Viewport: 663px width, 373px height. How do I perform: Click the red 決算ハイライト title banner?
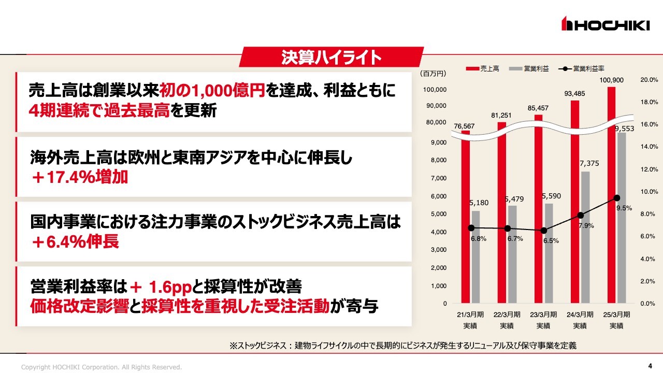click(x=331, y=57)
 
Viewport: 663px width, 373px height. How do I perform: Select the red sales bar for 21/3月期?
click(x=466, y=218)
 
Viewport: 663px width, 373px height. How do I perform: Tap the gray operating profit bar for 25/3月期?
click(x=622, y=218)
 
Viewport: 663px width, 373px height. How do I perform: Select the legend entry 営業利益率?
click(x=582, y=68)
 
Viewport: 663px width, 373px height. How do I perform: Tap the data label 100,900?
click(x=612, y=80)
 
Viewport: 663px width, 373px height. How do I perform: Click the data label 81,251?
click(x=502, y=116)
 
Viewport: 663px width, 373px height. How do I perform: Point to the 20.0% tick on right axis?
click(x=649, y=80)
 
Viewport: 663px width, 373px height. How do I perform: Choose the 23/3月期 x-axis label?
click(x=543, y=314)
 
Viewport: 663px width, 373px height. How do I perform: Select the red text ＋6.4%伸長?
click(x=75, y=241)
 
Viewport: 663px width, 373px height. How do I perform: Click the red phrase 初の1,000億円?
click(x=213, y=91)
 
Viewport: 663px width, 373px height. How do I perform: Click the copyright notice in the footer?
click(x=102, y=367)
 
